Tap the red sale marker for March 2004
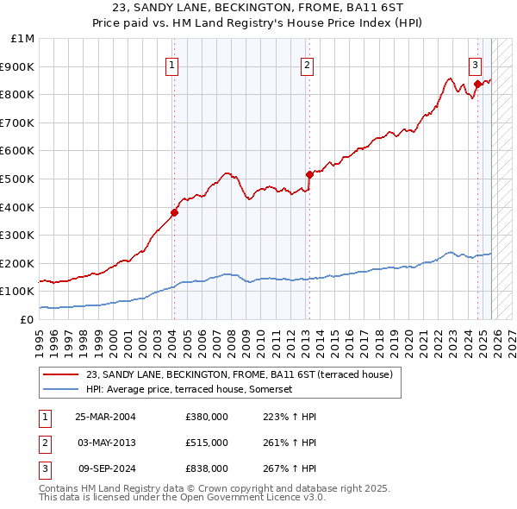(x=174, y=212)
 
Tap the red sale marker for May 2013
(x=308, y=174)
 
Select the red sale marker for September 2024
(x=477, y=84)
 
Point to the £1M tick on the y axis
(x=24, y=39)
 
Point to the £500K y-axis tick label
(x=19, y=179)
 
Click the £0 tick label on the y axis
(x=27, y=319)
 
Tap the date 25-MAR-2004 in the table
(x=105, y=417)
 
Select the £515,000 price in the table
(x=207, y=443)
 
